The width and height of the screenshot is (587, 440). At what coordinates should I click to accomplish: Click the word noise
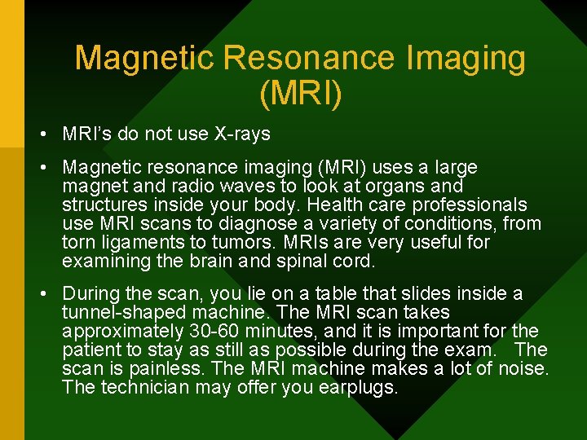click(x=517, y=368)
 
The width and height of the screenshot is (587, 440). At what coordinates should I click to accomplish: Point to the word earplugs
click(x=354, y=387)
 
